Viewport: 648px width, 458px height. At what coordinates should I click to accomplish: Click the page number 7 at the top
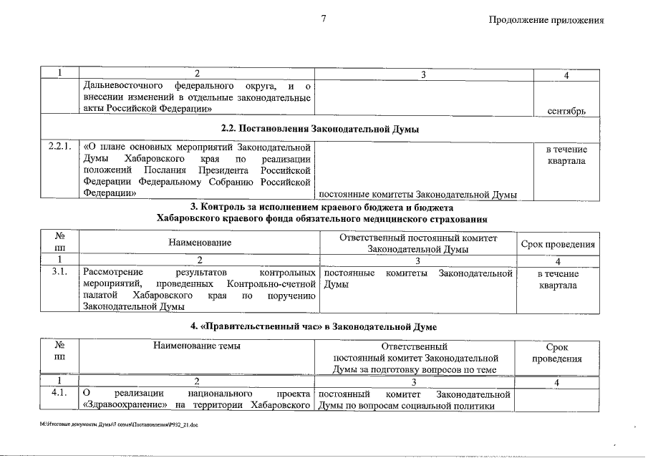(324, 19)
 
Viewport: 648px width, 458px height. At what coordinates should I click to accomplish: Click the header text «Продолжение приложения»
(546, 20)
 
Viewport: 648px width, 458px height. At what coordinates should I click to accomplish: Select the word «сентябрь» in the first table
(566, 111)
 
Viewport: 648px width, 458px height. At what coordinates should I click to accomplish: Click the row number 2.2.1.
(59, 148)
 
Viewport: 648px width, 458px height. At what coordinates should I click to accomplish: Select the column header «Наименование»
(200, 243)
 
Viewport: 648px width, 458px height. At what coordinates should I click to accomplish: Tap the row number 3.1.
(59, 273)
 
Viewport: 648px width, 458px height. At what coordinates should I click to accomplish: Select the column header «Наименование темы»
(197, 346)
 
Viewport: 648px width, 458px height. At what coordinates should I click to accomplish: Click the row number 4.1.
(59, 394)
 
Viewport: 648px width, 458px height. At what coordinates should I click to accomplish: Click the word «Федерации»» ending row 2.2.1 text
(110, 193)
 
